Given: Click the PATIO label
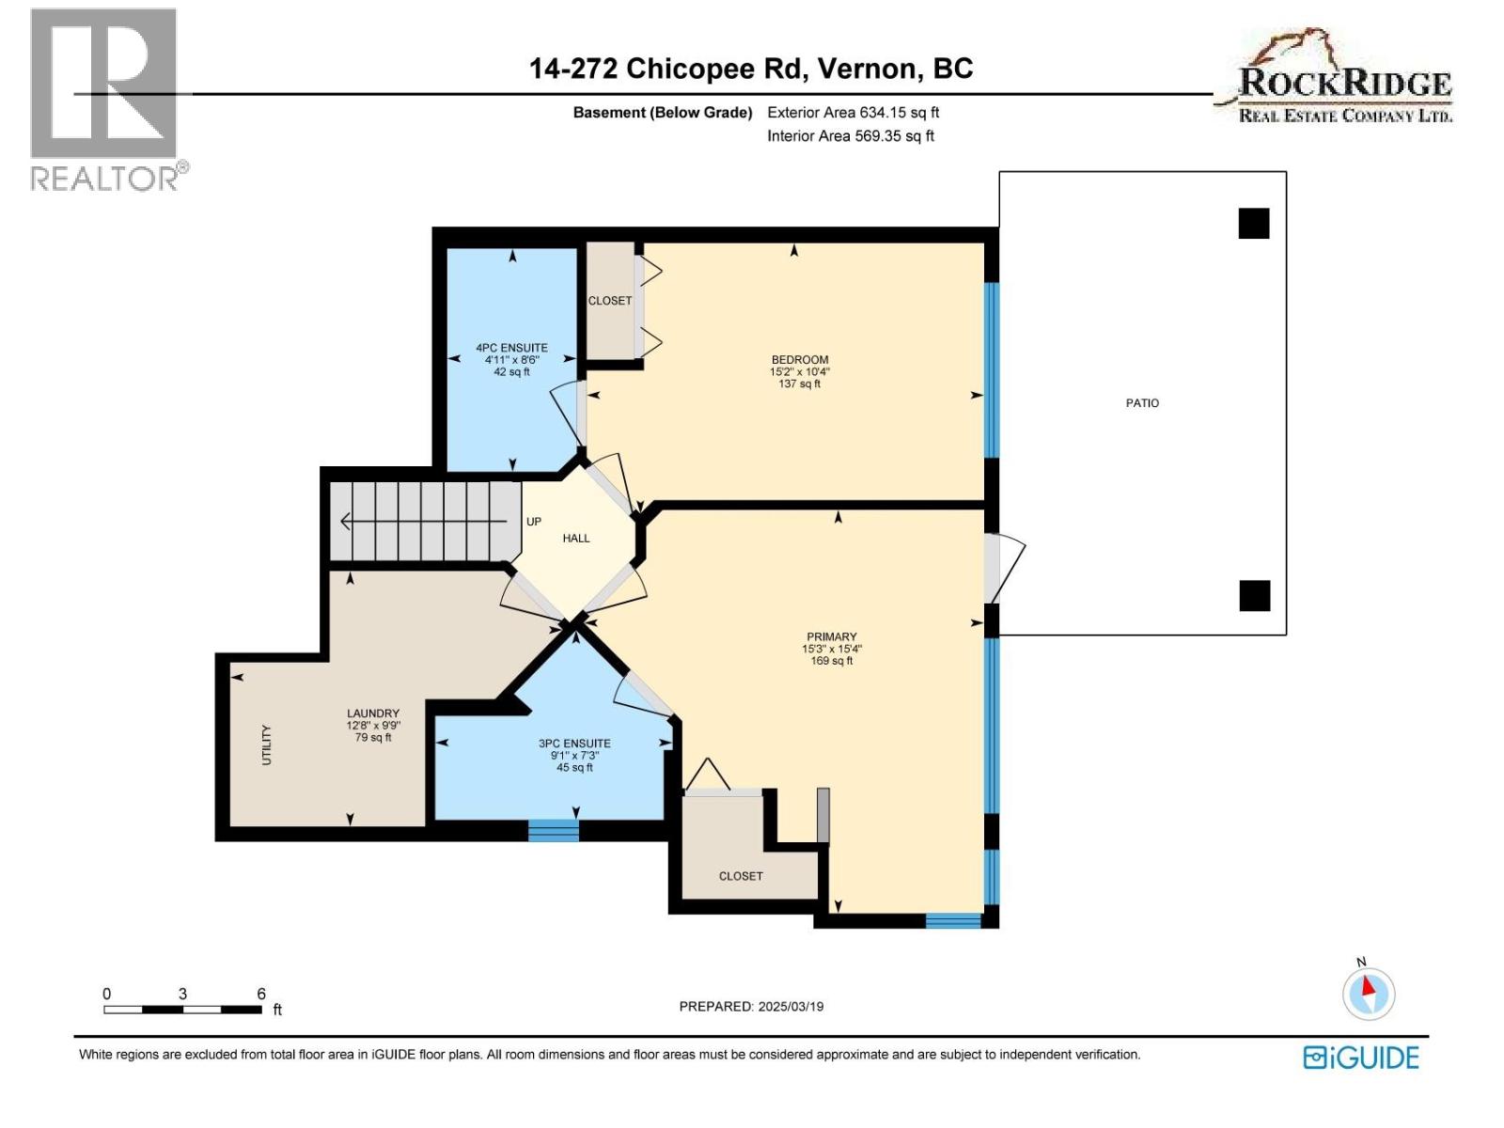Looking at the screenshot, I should click(1142, 402).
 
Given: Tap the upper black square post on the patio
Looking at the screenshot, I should click(1254, 224).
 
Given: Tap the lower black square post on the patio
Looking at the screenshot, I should click(1254, 596).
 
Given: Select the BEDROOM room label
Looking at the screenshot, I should click(799, 359).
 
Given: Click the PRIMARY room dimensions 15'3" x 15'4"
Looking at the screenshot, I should click(831, 649).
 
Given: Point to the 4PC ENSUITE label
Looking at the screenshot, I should click(511, 348).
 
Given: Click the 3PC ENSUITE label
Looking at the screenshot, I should click(574, 744).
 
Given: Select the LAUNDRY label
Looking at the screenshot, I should click(372, 713).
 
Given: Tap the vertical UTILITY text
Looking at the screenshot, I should click(266, 744).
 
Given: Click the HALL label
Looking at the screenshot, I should click(576, 539).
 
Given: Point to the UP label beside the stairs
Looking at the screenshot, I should click(534, 522).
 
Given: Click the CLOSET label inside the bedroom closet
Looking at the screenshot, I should click(610, 301).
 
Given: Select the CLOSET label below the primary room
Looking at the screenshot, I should click(741, 876).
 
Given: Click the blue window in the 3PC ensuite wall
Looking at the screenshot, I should click(553, 830).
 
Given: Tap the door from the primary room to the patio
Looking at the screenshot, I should click(995, 568).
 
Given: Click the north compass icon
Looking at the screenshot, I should click(1368, 994).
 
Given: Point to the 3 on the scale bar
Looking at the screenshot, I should click(182, 994).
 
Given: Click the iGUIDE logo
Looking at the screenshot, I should click(1361, 1057).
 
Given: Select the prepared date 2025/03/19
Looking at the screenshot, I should click(790, 1006).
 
